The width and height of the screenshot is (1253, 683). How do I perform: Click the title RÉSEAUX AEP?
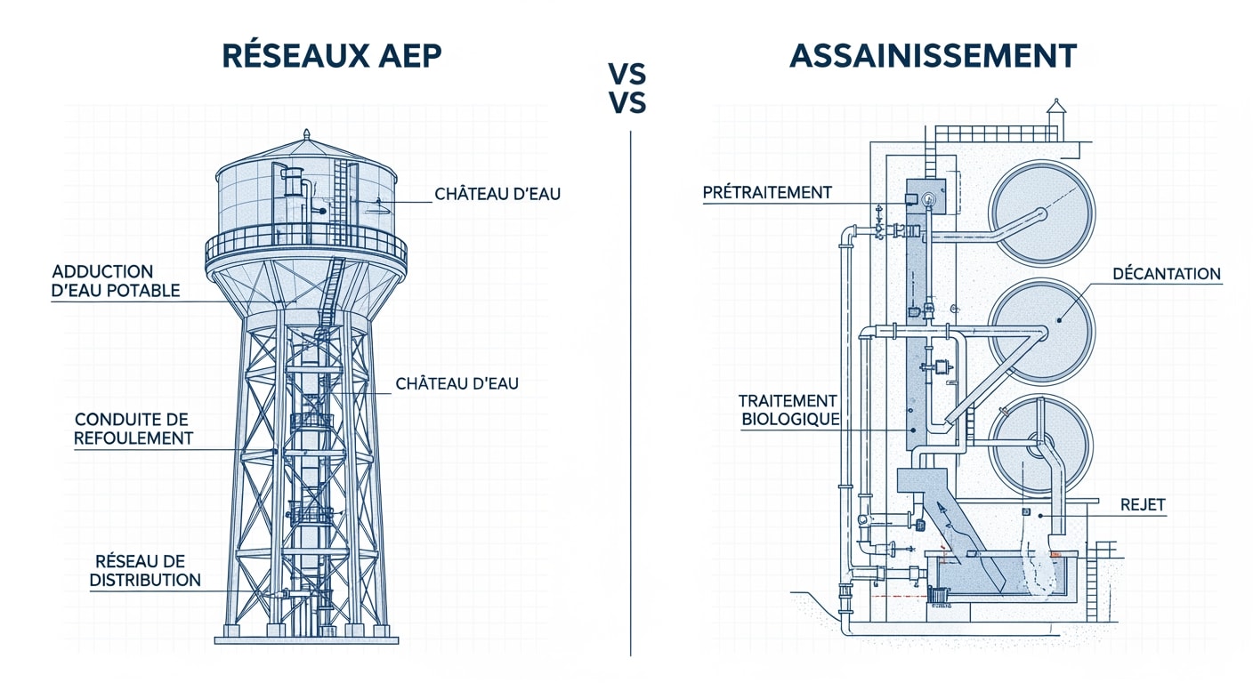(331, 56)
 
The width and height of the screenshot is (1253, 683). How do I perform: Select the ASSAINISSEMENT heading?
(933, 56)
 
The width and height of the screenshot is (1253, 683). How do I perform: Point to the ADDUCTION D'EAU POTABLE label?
(116, 281)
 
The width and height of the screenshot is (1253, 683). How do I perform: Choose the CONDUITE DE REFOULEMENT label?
(133, 429)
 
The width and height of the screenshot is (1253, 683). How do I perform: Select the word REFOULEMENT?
(133, 438)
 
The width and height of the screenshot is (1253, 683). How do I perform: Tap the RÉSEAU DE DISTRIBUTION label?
(147, 570)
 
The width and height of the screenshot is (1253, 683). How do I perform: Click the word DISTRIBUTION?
(147, 580)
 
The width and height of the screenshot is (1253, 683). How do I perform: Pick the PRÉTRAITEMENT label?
(766, 192)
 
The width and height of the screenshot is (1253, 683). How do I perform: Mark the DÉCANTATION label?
(1167, 274)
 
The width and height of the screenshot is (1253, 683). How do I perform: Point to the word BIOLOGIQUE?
(790, 420)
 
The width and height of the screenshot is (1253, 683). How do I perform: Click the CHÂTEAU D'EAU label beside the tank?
(497, 193)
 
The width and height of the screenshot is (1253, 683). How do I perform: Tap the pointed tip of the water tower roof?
(306, 133)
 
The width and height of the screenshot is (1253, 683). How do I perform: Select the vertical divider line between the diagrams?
(630, 391)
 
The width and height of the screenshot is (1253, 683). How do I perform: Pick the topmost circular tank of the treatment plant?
(1042, 213)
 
